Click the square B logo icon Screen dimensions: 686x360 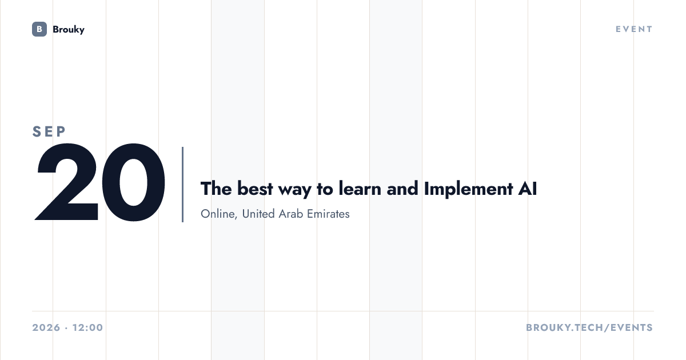pyautogui.click(x=39, y=29)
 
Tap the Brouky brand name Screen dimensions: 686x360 pyautogui.click(x=69, y=30)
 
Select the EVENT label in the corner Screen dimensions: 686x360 pyautogui.click(x=634, y=29)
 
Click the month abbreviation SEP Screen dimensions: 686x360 pyautogui.click(x=49, y=131)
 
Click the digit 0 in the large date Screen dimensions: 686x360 pyautogui.click(x=134, y=182)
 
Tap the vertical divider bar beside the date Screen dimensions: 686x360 pyautogui.click(x=183, y=184)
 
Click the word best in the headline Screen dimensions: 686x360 pyautogui.click(x=255, y=189)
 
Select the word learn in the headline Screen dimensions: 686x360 pyautogui.click(x=360, y=189)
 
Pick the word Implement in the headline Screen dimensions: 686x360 pyautogui.click(x=469, y=189)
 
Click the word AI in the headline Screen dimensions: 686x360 pyautogui.click(x=527, y=189)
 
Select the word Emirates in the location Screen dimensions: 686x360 pyautogui.click(x=328, y=214)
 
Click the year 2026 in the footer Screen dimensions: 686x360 pyautogui.click(x=46, y=327)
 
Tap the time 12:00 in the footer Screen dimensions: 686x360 pyautogui.click(x=87, y=327)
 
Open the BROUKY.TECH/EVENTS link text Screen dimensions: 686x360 pyautogui.click(x=589, y=327)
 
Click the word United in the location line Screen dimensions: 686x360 pyautogui.click(x=258, y=214)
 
